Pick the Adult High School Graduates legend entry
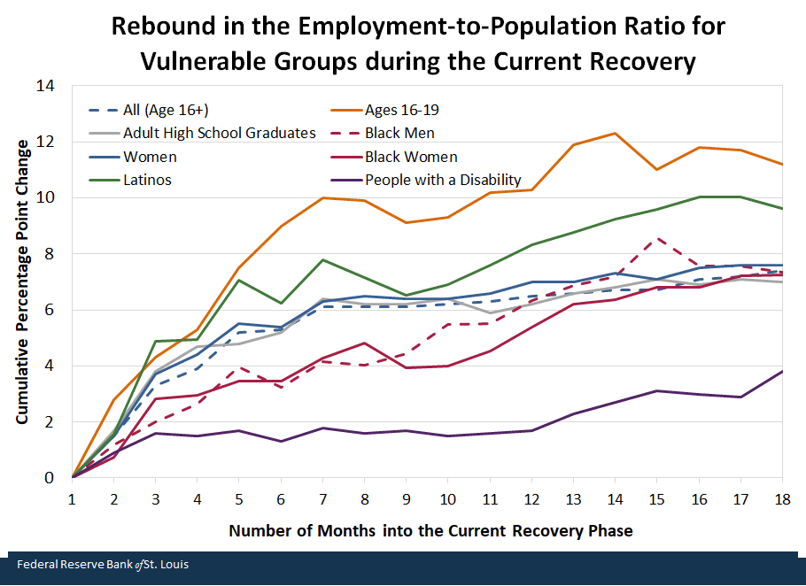220,133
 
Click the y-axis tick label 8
50,254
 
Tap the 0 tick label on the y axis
50,478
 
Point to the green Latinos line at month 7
323,259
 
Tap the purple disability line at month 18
782,371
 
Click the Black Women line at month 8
365,343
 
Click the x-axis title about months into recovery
430,531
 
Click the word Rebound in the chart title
159,26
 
